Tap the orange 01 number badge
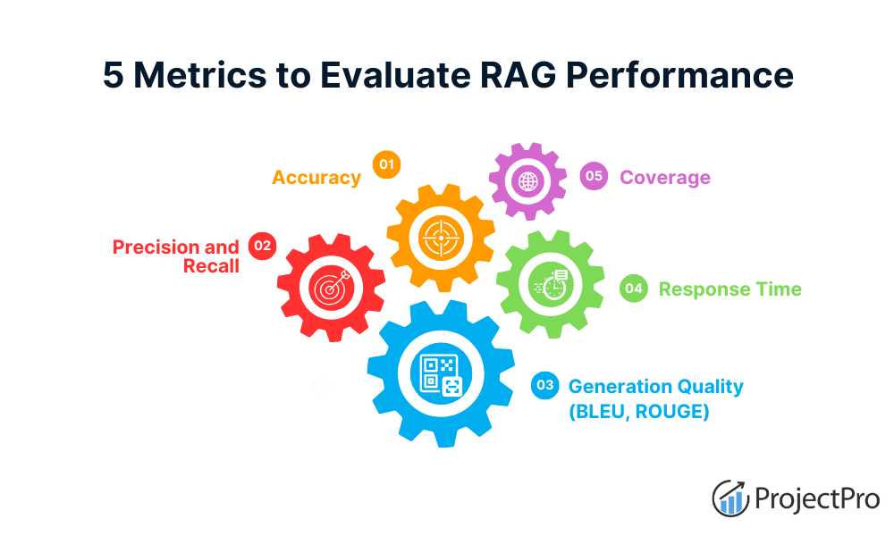coord(386,164)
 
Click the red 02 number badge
coord(262,246)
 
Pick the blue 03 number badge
coord(544,386)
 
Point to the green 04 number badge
coord(634,289)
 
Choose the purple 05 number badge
coord(593,176)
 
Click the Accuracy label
coord(316,177)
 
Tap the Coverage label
coord(665,177)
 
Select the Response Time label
coord(730,289)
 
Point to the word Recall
coord(211,266)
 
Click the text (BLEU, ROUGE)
coord(639,412)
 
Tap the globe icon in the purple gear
coord(527,181)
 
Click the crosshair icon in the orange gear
coord(440,238)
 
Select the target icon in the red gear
coord(331,288)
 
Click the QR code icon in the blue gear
coord(441,374)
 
